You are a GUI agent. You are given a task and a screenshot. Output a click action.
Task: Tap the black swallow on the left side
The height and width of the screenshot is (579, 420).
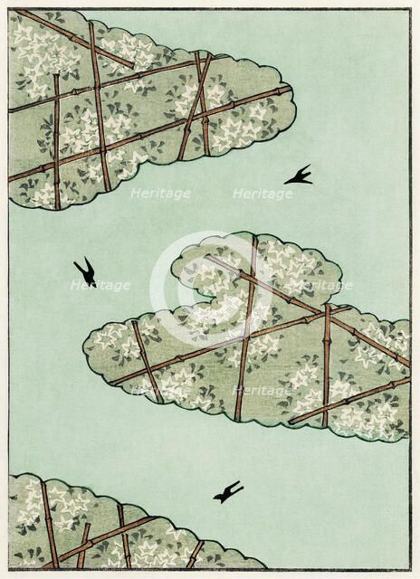coord(85,271)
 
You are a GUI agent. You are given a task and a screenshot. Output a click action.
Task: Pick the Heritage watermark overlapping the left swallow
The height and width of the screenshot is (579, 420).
coord(100,285)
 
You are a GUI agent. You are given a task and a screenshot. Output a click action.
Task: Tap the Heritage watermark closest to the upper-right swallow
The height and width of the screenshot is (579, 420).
coord(262,194)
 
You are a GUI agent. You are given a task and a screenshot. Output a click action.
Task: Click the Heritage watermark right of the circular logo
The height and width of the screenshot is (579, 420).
coord(322,285)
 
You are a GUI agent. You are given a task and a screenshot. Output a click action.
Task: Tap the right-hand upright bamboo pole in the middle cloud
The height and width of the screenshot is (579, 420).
coord(327,362)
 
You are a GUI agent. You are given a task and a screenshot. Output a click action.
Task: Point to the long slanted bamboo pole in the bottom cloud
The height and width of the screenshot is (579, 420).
coord(109,537)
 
